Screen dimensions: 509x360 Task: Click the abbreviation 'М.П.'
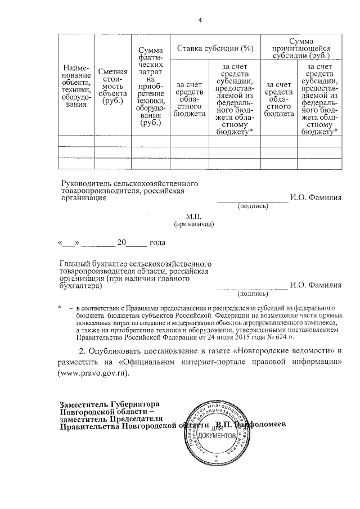pos(193,216)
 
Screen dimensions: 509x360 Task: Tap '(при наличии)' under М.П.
pos(193,224)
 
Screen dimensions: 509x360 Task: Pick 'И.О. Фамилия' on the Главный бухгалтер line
pos(315,286)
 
